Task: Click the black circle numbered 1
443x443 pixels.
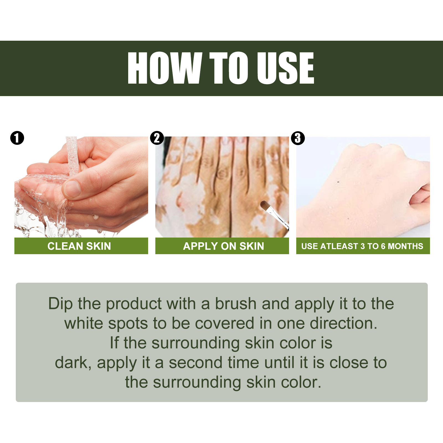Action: [x=17, y=138]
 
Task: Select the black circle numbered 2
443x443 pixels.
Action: [x=157, y=138]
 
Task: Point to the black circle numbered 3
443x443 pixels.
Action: [x=298, y=138]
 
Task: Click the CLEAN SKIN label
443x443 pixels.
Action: [x=79, y=246]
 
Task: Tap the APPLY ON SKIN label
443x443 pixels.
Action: [x=223, y=246]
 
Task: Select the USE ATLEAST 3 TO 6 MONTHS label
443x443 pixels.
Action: [x=362, y=246]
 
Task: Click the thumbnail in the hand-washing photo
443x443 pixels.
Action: [x=72, y=188]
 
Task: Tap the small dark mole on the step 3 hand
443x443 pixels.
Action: [x=338, y=182]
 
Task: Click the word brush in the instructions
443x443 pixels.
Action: [x=236, y=304]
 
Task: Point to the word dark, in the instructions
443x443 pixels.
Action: [x=73, y=363]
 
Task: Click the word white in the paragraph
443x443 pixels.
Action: [x=84, y=323]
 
